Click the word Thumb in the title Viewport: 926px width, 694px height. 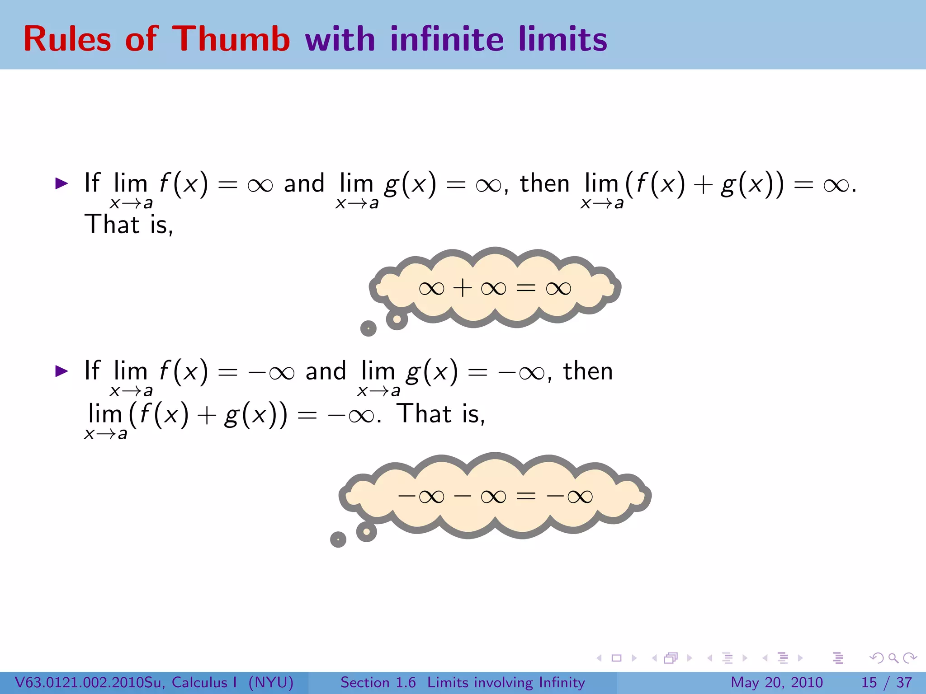pyautogui.click(x=231, y=39)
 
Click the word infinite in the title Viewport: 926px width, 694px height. pyautogui.click(x=447, y=39)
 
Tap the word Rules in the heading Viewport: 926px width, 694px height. pyautogui.click(x=67, y=39)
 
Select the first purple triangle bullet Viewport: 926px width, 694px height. pyautogui.click(x=61, y=183)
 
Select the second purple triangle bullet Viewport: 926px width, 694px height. pyautogui.click(x=61, y=371)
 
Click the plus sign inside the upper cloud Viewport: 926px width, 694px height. pyautogui.click(x=462, y=288)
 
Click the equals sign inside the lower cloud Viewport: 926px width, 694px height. pyautogui.click(x=526, y=497)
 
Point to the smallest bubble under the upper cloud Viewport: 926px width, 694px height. pyautogui.click(x=368, y=328)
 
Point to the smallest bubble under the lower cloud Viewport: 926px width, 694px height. pyautogui.click(x=338, y=539)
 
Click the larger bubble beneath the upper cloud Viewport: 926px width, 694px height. pyautogui.click(x=397, y=319)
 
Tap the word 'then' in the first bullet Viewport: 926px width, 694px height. pyautogui.click(x=544, y=183)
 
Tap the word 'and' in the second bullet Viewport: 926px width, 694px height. pyautogui.click(x=326, y=371)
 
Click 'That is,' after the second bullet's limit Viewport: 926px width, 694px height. pyautogui.click(x=441, y=414)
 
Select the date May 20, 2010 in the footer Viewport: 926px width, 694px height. pyautogui.click(x=776, y=682)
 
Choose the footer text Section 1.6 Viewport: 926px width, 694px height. pyautogui.click(x=378, y=682)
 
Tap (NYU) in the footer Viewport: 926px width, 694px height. pyautogui.click(x=271, y=682)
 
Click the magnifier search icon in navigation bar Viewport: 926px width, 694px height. pyautogui.click(x=893, y=658)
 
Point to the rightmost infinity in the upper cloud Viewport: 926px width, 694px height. pyautogui.click(x=558, y=288)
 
